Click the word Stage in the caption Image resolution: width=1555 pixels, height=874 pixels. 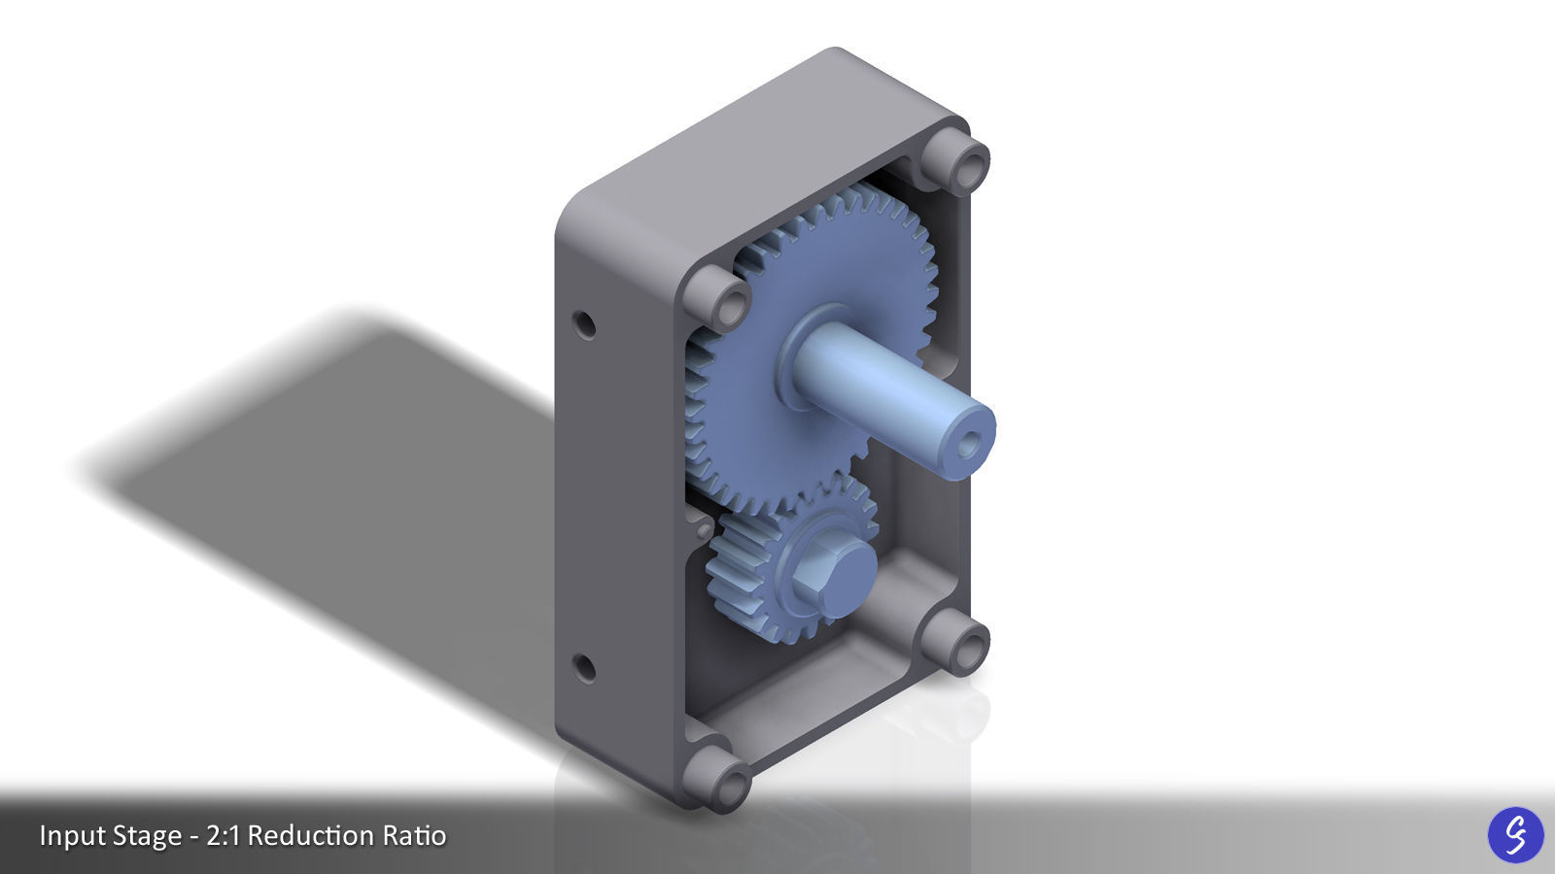point(147,835)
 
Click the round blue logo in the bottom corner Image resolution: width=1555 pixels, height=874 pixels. point(1515,834)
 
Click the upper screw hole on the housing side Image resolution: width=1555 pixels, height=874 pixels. point(584,324)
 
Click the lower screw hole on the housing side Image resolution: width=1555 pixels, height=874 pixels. point(584,668)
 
